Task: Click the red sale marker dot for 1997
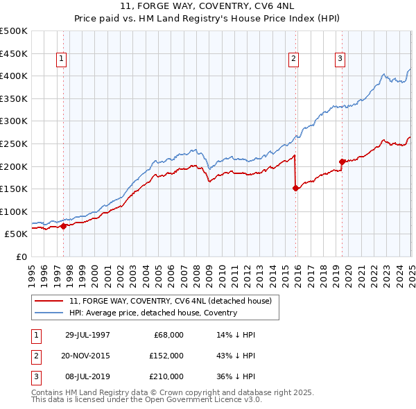[x=64, y=226]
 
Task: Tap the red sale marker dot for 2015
[x=296, y=187]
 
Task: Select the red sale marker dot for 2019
[x=342, y=162]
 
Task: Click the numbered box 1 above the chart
[x=62, y=60]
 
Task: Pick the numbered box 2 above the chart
[x=294, y=60]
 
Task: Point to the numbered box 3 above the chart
[x=340, y=60]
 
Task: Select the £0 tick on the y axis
[x=20, y=256]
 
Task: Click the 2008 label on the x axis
[x=197, y=271]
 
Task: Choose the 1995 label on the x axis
[x=32, y=271]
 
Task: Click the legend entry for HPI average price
[x=153, y=313]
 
